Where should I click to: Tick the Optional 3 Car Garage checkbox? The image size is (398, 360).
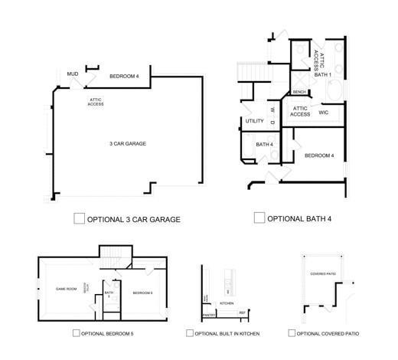click(79, 219)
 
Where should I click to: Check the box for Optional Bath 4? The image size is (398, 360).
click(259, 218)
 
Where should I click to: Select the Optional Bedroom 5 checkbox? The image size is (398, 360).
click(76, 333)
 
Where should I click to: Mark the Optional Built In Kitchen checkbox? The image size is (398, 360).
click(190, 333)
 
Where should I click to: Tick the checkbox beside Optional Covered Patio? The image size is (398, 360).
click(292, 333)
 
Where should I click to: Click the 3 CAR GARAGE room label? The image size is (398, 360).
click(128, 143)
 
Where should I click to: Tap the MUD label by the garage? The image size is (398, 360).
click(73, 74)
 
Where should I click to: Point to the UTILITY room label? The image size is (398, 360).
click(255, 121)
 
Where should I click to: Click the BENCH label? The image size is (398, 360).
click(299, 92)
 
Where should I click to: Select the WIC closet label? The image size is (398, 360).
click(324, 112)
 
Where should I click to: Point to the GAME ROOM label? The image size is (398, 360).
click(67, 289)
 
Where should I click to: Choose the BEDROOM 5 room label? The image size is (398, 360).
click(142, 293)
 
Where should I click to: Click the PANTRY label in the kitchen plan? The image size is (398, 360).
click(208, 315)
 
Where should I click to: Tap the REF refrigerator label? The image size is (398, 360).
click(242, 313)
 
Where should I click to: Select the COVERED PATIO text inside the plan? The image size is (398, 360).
click(323, 273)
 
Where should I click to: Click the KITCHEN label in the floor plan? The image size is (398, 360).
click(227, 303)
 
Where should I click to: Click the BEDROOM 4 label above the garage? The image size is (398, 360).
click(125, 76)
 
